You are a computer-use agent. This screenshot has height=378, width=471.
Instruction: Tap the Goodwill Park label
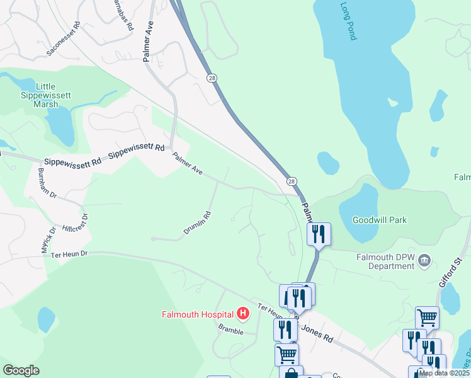point(379,220)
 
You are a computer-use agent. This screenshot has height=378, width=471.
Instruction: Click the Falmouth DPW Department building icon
point(424,260)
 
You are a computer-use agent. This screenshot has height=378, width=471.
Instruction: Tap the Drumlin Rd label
point(197,224)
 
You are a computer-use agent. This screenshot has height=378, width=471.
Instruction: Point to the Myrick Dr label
point(48,240)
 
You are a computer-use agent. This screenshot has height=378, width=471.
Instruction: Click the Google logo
point(21,370)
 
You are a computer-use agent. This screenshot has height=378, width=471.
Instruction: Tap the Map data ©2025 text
point(444,373)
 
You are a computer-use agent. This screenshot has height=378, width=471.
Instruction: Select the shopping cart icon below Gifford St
point(427,318)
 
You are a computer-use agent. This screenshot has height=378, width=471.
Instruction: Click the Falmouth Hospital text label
point(197,314)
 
